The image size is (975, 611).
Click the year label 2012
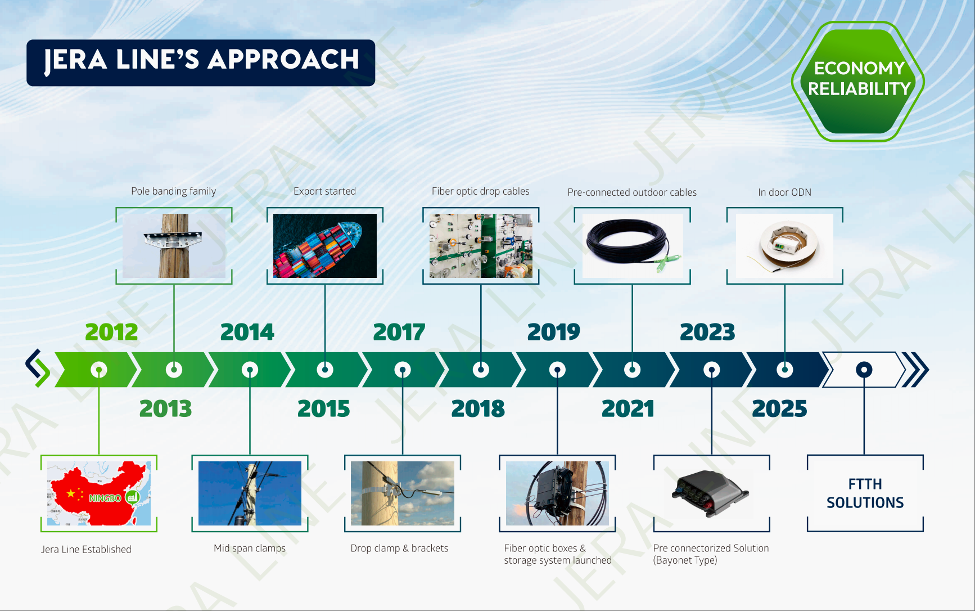[x=111, y=332]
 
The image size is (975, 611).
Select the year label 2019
[x=553, y=332]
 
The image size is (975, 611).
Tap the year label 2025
[x=779, y=408]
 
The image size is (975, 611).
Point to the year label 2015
[x=323, y=408]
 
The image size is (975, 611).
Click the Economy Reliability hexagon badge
[x=858, y=82]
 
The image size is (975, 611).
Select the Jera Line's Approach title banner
[x=201, y=62]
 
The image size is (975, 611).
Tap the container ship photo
[x=325, y=246]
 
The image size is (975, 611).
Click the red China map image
[x=99, y=493]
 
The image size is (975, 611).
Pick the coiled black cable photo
[x=633, y=246]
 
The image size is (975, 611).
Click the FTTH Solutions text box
[x=865, y=493]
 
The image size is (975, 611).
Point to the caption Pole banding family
[x=174, y=191]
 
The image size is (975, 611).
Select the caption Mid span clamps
[x=250, y=549]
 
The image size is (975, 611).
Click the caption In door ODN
[x=785, y=192]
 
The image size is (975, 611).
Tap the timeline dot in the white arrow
[x=864, y=370]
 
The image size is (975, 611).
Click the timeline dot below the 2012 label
[x=99, y=370]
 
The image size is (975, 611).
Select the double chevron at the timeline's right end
[x=915, y=370]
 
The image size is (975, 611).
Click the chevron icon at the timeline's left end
[x=38, y=369]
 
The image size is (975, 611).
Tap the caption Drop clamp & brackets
[x=399, y=549]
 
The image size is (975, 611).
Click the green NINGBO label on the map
[x=105, y=498]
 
